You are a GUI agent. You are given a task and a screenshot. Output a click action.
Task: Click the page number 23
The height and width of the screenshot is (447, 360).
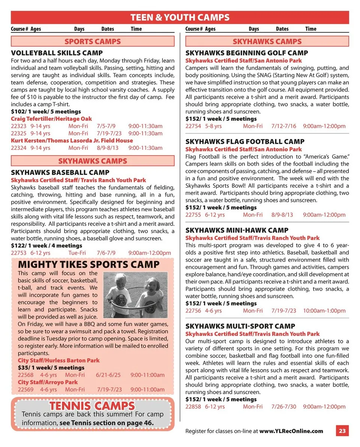tap(342, 431)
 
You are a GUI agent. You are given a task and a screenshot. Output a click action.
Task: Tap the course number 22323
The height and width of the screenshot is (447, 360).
tap(19, 126)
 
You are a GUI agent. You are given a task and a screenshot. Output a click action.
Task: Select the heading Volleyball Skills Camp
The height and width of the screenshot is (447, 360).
tap(57, 53)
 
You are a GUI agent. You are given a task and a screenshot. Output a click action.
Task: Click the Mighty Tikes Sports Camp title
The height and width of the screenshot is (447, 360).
tap(89, 265)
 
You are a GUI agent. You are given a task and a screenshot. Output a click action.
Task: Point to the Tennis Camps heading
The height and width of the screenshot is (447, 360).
tap(92, 406)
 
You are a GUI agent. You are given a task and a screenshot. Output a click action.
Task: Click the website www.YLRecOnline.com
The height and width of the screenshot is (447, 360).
tap(291, 431)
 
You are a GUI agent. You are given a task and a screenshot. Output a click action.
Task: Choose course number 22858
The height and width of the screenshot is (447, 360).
tap(193, 407)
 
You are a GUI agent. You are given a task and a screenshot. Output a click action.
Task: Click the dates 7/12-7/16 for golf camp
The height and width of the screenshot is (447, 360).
tap(283, 126)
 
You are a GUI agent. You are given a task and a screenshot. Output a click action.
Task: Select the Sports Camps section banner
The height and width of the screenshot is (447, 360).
tap(93, 42)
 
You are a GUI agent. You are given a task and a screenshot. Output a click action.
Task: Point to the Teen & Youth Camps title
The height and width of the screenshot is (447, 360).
tap(180, 18)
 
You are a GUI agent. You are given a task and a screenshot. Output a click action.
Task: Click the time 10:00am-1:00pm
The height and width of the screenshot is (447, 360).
tap(324, 311)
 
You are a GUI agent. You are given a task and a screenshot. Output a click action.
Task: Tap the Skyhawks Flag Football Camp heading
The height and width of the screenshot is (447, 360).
tap(245, 142)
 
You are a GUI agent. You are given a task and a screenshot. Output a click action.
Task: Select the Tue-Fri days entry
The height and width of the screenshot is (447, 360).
tap(77, 253)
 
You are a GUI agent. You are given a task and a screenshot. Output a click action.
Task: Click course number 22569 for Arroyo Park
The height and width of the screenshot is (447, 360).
tap(25, 389)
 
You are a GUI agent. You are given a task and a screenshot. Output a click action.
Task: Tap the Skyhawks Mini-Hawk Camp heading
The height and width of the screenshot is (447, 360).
tap(242, 230)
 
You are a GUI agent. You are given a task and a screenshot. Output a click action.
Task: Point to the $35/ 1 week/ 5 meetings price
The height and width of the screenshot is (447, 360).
tap(51, 368)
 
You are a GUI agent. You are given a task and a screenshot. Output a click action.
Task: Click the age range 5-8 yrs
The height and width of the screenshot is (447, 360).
tap(213, 126)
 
